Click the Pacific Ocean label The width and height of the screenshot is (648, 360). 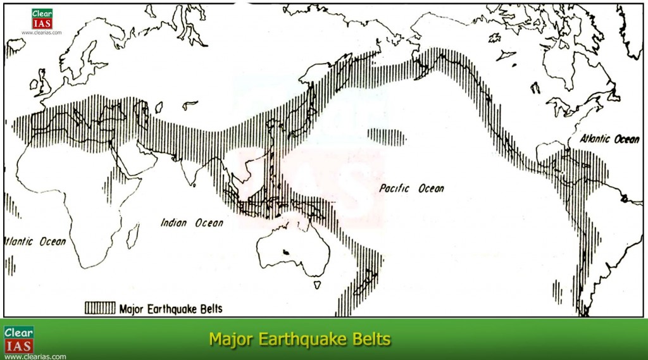[411, 189]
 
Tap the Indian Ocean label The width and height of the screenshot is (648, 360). [191, 223]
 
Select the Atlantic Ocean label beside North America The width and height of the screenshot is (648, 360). [610, 139]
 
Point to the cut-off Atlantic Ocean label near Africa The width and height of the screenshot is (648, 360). [35, 241]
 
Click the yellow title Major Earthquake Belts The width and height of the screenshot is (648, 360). [299, 340]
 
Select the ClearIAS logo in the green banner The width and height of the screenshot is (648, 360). [19, 339]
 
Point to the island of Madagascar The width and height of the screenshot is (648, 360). [132, 235]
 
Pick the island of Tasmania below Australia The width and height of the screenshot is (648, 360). [317, 286]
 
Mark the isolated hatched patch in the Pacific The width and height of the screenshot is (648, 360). [387, 135]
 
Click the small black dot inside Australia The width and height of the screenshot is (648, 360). [286, 252]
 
